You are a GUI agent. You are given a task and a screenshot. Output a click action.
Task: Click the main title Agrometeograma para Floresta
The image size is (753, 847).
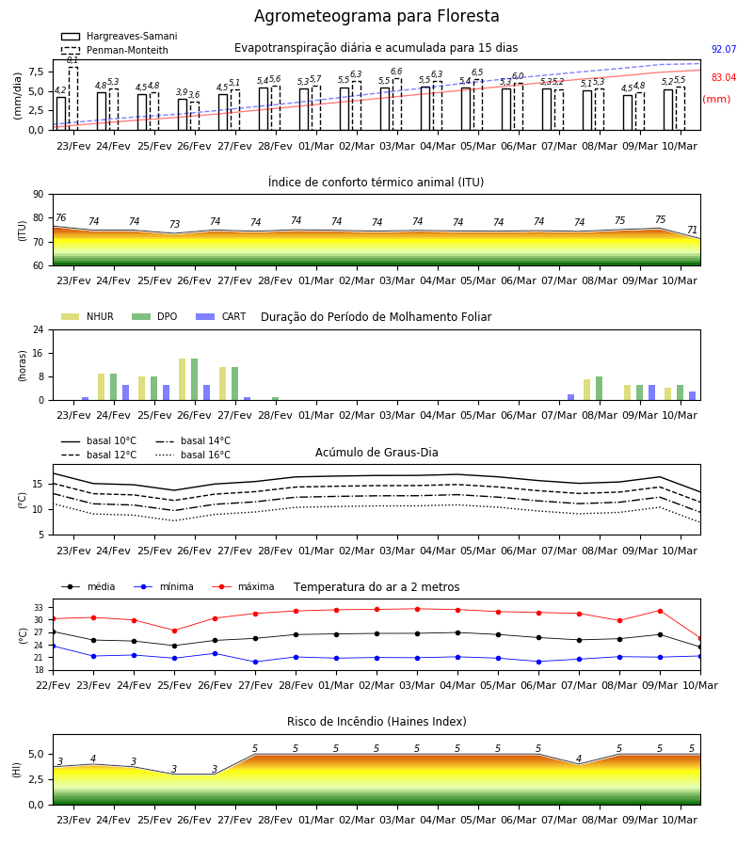376,16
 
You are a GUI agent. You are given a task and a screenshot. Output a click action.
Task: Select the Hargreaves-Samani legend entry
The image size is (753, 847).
119,36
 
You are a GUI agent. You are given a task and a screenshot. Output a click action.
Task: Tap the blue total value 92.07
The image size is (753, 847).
724,49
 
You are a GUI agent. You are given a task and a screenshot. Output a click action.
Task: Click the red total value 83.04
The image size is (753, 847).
724,77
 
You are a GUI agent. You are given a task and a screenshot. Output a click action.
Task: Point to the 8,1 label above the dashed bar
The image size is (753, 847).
72,60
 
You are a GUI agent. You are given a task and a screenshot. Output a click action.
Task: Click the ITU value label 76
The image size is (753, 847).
60,217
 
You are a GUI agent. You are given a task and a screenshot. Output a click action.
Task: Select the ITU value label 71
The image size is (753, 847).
692,231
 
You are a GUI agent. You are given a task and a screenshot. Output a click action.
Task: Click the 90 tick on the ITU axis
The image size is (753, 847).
39,195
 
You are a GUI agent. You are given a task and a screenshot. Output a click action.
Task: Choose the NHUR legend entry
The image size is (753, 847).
88,316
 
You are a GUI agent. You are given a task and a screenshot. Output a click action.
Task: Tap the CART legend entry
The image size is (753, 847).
221,316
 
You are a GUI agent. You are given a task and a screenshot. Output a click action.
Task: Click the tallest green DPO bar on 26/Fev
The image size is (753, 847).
195,379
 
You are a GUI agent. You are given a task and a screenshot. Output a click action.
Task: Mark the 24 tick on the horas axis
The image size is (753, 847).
39,329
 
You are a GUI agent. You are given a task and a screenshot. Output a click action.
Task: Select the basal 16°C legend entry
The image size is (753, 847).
193,455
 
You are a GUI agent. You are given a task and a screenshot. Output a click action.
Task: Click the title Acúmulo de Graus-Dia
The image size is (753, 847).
376,453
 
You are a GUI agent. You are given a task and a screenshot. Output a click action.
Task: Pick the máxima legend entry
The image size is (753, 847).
243,586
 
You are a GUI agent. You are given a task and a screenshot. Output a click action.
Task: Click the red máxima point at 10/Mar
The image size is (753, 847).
700,638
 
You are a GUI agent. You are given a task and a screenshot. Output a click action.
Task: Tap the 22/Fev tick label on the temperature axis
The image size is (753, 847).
53,685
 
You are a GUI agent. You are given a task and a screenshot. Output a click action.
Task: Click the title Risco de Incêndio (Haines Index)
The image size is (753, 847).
376,722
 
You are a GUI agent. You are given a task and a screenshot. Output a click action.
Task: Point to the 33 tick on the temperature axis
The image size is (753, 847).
39,608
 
